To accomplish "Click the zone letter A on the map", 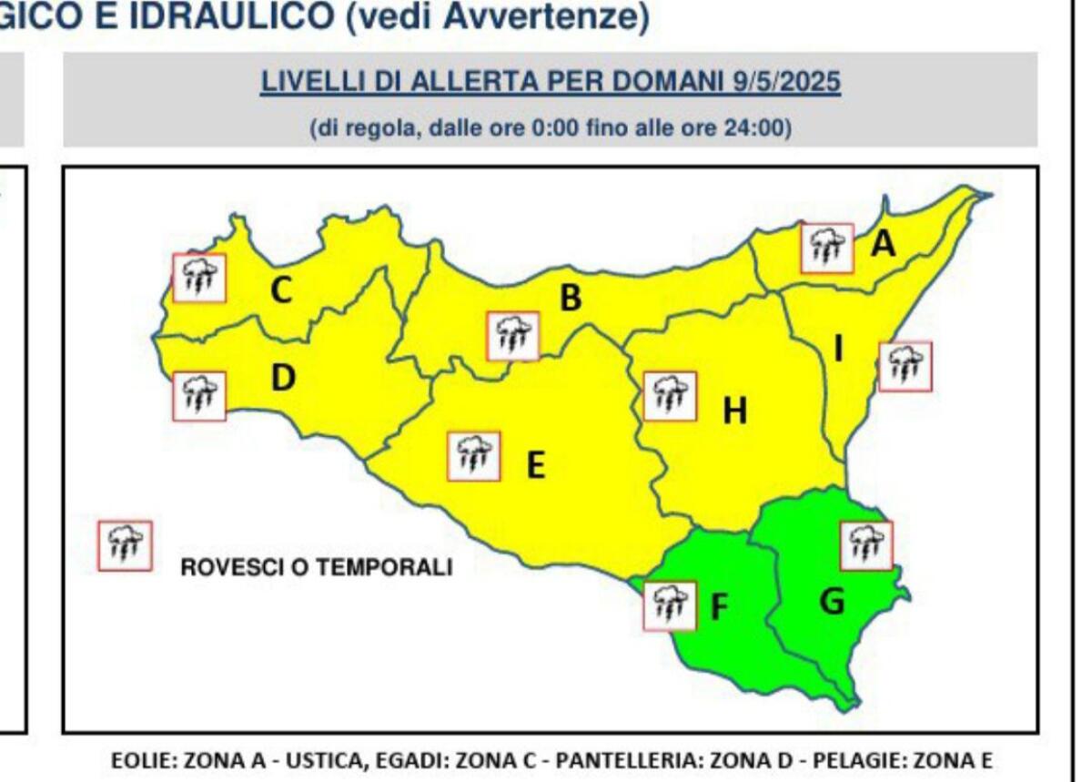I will tap(884, 244).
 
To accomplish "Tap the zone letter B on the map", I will tap(571, 298).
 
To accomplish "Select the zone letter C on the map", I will tap(281, 291).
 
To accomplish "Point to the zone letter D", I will tap(284, 378).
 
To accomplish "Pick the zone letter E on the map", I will tap(536, 466).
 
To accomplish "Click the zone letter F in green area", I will tap(719, 607).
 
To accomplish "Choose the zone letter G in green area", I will tap(832, 601).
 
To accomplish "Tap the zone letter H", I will tap(734, 412).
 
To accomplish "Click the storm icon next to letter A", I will tap(827, 248).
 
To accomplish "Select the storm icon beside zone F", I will tap(669, 605).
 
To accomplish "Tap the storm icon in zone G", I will tap(865, 545).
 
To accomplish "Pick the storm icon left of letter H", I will tap(670, 396).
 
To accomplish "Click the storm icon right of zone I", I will tap(905, 367).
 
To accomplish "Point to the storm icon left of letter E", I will tap(473, 457).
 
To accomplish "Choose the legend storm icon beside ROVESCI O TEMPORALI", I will tap(125, 546).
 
